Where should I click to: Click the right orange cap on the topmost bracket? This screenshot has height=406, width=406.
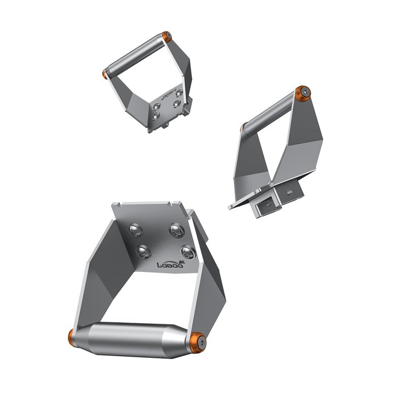pyautogui.click(x=167, y=37)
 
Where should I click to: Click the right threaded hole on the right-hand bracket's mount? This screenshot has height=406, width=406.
pyautogui.click(x=289, y=192)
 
